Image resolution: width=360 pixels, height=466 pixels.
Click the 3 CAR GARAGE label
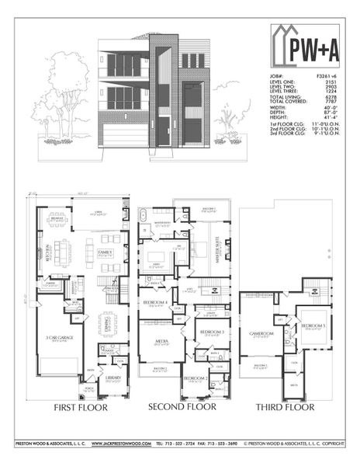(59, 338)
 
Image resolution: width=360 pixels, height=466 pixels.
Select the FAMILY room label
(105, 253)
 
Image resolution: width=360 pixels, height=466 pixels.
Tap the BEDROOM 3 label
(211, 332)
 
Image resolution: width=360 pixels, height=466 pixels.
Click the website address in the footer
(119, 443)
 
